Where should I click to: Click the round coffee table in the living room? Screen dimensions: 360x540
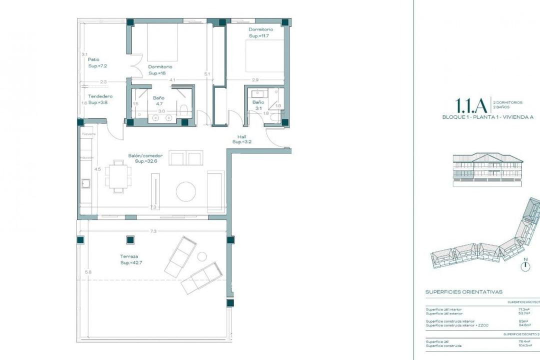[x=186, y=190]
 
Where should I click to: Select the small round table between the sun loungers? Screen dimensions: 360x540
[x=202, y=256]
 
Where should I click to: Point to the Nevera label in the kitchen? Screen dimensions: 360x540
[x=88, y=134]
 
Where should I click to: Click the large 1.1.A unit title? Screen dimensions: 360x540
[x=471, y=105]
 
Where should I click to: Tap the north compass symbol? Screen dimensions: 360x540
[x=525, y=266]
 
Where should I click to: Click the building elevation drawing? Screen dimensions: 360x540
[x=487, y=170]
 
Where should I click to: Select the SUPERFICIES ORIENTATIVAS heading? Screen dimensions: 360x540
[x=463, y=292]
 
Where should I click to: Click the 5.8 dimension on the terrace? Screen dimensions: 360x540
[x=88, y=272]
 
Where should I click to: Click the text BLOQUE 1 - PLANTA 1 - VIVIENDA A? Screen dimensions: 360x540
[x=480, y=117]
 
